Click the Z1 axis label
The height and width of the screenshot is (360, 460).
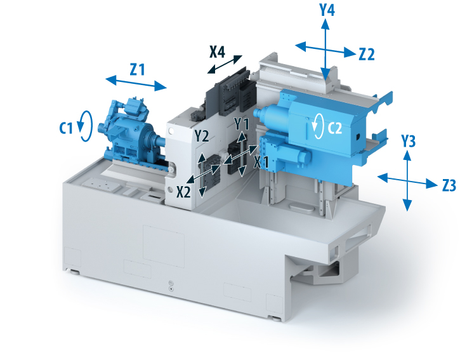point(137,70)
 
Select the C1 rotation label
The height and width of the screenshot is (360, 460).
point(66,128)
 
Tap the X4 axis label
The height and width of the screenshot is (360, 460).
point(218,51)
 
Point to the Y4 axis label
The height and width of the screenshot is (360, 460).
point(327,10)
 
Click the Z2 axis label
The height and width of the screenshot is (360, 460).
point(367,55)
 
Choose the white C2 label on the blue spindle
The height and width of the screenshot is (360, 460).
point(335,128)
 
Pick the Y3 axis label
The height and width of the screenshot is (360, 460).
point(408,141)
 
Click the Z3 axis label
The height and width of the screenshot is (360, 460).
point(449,185)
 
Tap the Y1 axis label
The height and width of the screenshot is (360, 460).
point(242,123)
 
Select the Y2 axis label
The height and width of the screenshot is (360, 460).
point(202,136)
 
